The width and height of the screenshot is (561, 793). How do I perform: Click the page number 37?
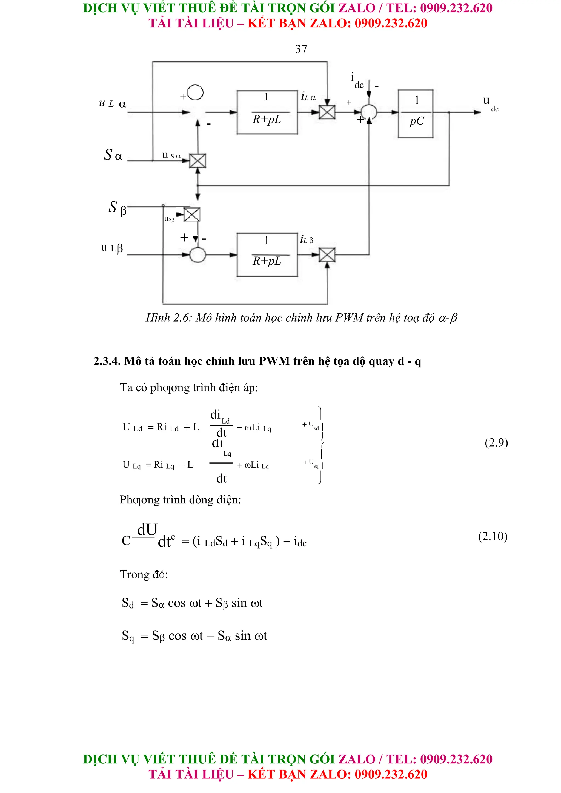301,49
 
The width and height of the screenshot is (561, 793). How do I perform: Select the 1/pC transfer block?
416,114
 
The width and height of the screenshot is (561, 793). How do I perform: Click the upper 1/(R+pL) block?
267,112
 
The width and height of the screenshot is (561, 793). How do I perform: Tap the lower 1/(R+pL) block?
267,255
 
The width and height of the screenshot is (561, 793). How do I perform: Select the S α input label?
113,155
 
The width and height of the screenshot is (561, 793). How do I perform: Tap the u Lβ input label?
112,248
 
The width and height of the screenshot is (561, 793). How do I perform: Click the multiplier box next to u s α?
198,161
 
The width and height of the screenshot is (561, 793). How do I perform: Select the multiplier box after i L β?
327,255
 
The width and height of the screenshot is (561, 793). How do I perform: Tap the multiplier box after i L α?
327,112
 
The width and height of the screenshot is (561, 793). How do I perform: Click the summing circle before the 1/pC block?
369,112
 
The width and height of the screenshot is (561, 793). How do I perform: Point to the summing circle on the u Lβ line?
198,255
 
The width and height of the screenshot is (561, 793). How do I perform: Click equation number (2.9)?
496,442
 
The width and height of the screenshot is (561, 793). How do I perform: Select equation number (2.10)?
493,536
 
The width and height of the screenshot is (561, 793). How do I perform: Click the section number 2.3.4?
107,361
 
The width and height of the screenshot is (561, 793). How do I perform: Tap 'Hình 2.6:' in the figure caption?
168,318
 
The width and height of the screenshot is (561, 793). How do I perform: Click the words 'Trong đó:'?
144,574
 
